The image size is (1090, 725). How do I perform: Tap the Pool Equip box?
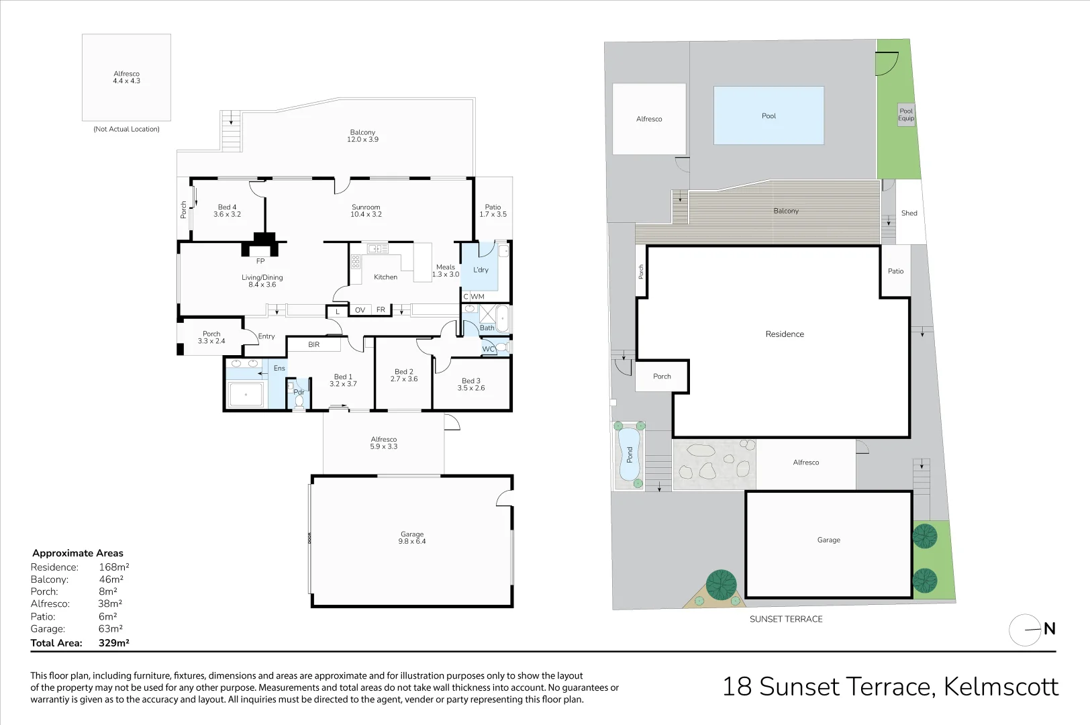point(906,115)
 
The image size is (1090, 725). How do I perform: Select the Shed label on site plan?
point(909,213)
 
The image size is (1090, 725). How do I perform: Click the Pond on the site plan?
point(629,455)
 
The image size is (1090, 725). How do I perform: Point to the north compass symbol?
point(1026,630)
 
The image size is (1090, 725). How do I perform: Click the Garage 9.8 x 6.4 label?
point(412,538)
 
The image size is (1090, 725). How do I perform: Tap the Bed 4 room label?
point(227,211)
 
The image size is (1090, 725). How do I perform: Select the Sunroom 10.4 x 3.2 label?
point(366,211)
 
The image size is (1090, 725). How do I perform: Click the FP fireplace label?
point(260,261)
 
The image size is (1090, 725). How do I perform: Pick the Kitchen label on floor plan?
point(385,277)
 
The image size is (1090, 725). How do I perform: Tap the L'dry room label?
point(481,270)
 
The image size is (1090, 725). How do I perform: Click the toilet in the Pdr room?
point(299,401)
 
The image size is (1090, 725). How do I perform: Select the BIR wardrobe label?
point(313,344)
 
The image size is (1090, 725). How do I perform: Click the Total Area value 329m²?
point(113,642)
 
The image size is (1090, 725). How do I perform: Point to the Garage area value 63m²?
point(111,629)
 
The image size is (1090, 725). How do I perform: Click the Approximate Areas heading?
point(78,553)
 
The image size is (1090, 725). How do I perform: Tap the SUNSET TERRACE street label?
point(786,619)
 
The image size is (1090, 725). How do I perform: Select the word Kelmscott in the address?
point(1001,687)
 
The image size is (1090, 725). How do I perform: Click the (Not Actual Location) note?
point(126,129)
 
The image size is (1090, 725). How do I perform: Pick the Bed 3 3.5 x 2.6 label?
point(470,384)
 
